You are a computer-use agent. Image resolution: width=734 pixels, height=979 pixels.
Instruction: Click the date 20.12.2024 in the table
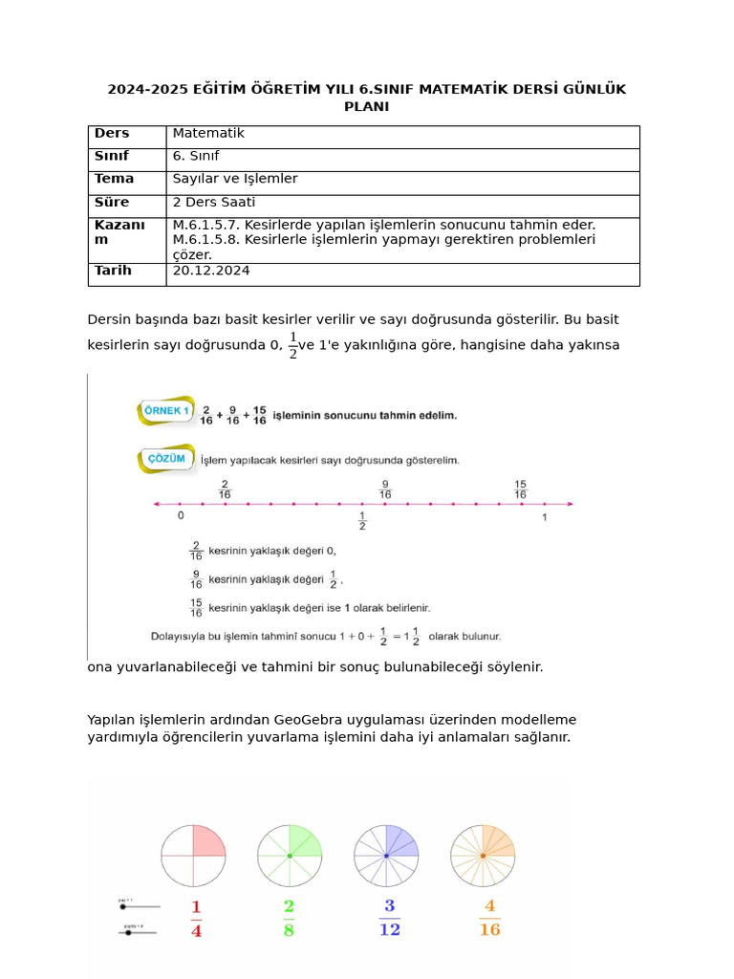pos(211,272)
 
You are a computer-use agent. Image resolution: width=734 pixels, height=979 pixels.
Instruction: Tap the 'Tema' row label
pos(114,179)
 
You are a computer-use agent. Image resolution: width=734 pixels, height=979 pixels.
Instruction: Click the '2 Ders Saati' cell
pos(213,203)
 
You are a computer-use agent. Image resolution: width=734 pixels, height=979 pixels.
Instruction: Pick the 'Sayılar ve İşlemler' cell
pos(235,179)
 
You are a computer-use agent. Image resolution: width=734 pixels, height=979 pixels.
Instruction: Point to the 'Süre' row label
pos(112,203)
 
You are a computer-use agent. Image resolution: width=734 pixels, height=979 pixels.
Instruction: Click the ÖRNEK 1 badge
pos(165,411)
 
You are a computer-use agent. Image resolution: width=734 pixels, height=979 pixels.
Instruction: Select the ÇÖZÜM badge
pos(166,459)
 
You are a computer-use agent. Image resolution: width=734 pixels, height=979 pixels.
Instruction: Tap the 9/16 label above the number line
pos(384,489)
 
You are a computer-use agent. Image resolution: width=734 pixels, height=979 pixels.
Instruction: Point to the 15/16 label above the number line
pos(520,489)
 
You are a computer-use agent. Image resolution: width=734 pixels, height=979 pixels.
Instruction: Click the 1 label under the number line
pos(545,517)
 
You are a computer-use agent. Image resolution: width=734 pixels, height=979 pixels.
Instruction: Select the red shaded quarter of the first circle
pos(207,841)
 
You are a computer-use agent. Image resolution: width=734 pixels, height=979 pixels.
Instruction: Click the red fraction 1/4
pos(196,919)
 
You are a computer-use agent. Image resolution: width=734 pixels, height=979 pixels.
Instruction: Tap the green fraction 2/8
pos(289,918)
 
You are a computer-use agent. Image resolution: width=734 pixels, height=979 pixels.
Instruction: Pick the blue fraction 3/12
pos(389,918)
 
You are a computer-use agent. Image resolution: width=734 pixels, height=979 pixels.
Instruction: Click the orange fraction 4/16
pos(489,918)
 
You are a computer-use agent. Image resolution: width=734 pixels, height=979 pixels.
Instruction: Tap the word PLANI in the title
pos(366,107)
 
